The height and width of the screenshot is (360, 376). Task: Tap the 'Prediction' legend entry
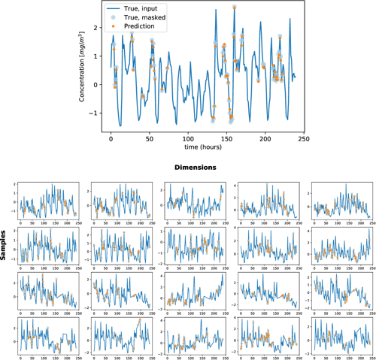[138, 26]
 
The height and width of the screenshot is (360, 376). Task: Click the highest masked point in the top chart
[234, 7]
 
